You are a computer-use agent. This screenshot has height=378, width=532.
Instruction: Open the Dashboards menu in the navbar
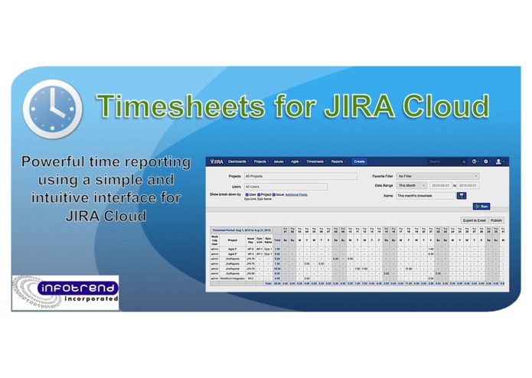pos(238,161)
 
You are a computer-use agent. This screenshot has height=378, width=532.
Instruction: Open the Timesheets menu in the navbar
pos(316,161)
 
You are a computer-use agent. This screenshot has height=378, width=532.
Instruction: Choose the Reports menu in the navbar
pos(338,161)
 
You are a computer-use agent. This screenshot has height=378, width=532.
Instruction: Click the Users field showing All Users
pos(285,186)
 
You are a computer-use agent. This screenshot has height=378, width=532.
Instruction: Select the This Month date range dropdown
pos(412,185)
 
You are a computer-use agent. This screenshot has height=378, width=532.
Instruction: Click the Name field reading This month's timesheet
pos(425,196)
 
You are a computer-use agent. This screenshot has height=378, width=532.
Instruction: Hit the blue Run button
pos(481,206)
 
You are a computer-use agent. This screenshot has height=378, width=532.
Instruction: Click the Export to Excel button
pos(474,220)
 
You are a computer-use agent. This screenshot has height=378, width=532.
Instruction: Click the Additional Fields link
pos(296,194)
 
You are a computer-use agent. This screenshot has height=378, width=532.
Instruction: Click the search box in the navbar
pos(445,161)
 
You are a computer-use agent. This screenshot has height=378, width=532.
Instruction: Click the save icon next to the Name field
pos(462,196)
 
